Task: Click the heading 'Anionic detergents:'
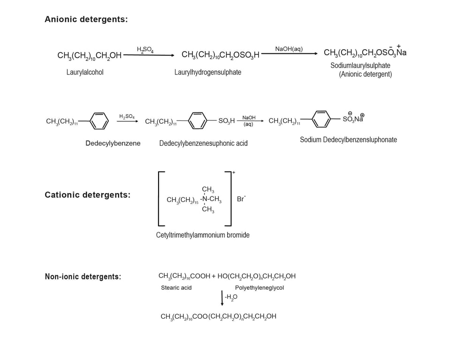coord(86,20)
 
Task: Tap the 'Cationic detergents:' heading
coord(87,195)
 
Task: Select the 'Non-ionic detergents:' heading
coord(83,277)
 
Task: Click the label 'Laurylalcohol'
coord(85,72)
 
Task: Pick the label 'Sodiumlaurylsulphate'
coord(360,66)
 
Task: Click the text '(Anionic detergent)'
coord(365,74)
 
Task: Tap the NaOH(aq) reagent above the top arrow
coord(289,49)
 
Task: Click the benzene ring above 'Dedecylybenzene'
coord(99,121)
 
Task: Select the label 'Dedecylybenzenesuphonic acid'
coord(203,143)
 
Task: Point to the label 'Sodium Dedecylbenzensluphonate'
coord(349,140)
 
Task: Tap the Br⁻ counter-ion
coord(241,199)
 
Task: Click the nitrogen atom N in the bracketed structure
coord(205,199)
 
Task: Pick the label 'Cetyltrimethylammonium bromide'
coord(203,235)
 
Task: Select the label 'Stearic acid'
coord(176,287)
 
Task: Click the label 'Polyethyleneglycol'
coord(259,287)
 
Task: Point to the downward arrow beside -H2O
coord(222,298)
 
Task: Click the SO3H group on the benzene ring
coord(227,121)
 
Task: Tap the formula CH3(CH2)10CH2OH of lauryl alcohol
coord(89,56)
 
